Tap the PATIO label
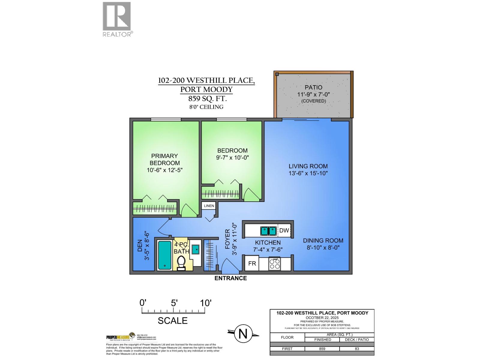[x=313, y=87]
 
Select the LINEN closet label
[x=209, y=206]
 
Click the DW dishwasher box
[x=284, y=230]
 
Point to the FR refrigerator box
[x=252, y=263]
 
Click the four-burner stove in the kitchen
[x=274, y=264]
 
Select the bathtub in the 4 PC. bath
[x=164, y=255]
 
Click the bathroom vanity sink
[x=195, y=249]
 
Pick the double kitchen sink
[x=268, y=231]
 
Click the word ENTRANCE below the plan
[x=230, y=278]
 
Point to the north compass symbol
[x=243, y=334]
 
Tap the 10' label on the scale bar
[x=205, y=303]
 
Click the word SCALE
[x=172, y=321]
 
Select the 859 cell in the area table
[x=322, y=349]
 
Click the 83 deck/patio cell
[x=357, y=349]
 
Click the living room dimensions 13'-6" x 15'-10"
[x=308, y=173]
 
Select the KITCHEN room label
[x=268, y=242]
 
